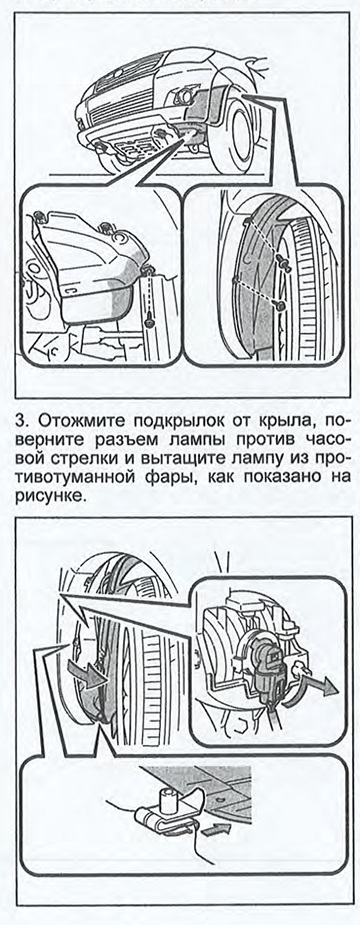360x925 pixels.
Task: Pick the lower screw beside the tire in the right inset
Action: tap(281, 306)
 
